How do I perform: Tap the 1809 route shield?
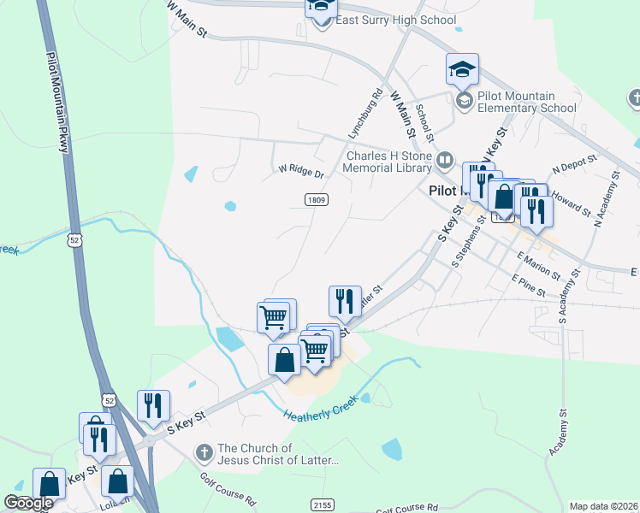tap(315, 199)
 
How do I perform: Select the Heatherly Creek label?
tap(321, 410)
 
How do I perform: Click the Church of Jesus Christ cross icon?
tap(204, 451)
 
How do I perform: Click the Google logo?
tap(28, 503)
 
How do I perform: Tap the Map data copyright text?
tap(604, 506)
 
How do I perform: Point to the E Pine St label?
tap(528, 285)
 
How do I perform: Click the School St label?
tap(425, 122)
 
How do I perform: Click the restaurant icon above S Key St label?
tap(154, 406)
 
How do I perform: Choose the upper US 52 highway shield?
tap(77, 242)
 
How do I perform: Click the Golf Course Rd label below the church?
tap(228, 488)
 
